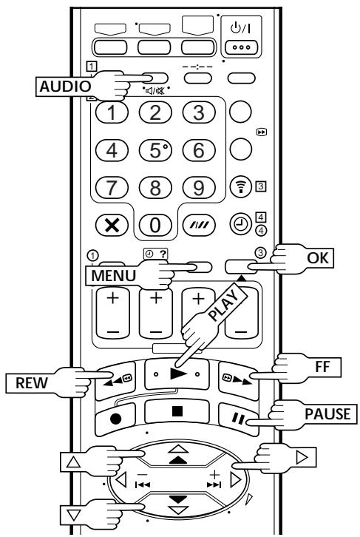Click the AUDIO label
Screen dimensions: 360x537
click(x=65, y=86)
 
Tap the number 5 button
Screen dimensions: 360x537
click(x=155, y=150)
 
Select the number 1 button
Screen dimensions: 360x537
click(x=112, y=112)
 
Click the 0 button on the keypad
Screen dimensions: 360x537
click(x=155, y=225)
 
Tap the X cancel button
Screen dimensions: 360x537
click(x=112, y=225)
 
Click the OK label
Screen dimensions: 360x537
click(x=318, y=258)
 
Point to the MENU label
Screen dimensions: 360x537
click(x=113, y=276)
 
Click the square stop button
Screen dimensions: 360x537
click(x=177, y=411)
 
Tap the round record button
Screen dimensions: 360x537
click(x=115, y=418)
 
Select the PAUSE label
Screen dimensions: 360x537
click(x=327, y=413)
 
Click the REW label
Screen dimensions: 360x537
click(x=32, y=382)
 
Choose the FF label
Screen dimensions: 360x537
click(x=322, y=367)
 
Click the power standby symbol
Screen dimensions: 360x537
click(x=240, y=28)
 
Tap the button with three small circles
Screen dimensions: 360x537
click(x=241, y=47)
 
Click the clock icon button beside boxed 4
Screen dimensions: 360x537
click(x=240, y=224)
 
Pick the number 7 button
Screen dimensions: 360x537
click(x=112, y=188)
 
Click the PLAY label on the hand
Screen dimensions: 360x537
click(x=224, y=305)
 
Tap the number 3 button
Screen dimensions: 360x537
click(x=199, y=112)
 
